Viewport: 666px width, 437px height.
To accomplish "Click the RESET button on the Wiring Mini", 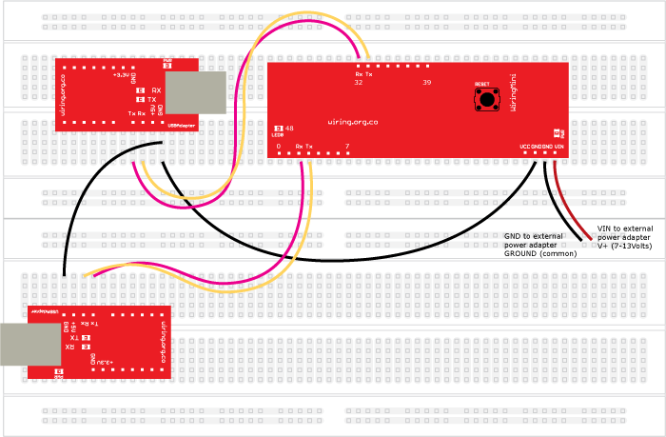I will pyautogui.click(x=487, y=98).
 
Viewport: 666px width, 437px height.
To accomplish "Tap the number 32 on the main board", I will pyautogui.click(x=359, y=84).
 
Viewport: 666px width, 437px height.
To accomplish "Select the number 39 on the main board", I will pyautogui.click(x=427, y=84).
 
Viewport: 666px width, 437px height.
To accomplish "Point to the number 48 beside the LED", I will pyautogui.click(x=288, y=128).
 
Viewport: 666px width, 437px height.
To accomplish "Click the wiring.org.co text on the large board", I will pyautogui.click(x=352, y=122).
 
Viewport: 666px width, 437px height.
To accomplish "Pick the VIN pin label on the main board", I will pyautogui.click(x=559, y=146).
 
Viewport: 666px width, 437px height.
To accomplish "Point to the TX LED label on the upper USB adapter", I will pyautogui.click(x=153, y=99).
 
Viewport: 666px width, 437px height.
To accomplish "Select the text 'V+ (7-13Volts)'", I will pyautogui.click(x=623, y=245).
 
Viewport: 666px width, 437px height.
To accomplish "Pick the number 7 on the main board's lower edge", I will pyautogui.click(x=347, y=146).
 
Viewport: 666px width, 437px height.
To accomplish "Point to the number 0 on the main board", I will pyautogui.click(x=279, y=146).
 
